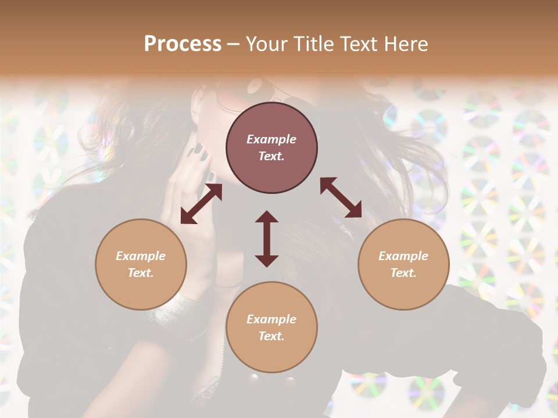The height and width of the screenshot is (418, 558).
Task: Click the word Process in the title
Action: coord(183,44)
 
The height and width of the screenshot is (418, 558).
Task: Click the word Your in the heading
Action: coord(266,44)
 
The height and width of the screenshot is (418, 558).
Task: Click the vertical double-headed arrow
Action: coord(267,239)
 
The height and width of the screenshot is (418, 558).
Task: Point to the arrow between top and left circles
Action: coord(201,204)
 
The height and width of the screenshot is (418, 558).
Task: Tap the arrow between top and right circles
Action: coord(341,197)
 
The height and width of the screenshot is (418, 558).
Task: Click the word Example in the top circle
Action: coord(271,139)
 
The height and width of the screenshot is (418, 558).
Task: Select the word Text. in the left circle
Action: coord(141,273)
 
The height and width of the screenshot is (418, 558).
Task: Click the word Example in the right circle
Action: coord(403,256)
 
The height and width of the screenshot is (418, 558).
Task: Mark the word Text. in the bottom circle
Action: coord(271,336)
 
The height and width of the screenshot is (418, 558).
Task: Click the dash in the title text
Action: coord(233,44)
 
